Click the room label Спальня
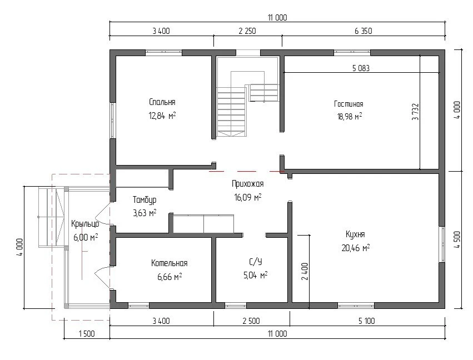pyautogui.click(x=162, y=102)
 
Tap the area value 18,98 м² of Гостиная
pyautogui.click(x=349, y=116)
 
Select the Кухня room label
pyautogui.click(x=355, y=234)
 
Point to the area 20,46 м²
pyautogui.click(x=356, y=248)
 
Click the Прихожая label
pyautogui.click(x=248, y=184)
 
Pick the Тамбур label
pyautogui.click(x=145, y=199)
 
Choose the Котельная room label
pyautogui.click(x=169, y=263)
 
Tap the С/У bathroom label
pyautogui.click(x=256, y=262)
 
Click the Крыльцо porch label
pyautogui.click(x=85, y=224)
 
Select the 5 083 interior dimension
pyautogui.click(x=361, y=68)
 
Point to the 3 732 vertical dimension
pyautogui.click(x=415, y=112)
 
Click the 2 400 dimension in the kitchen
pyautogui.click(x=305, y=271)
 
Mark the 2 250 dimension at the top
pyautogui.click(x=247, y=31)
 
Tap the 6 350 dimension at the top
pyautogui.click(x=363, y=31)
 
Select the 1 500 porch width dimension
pyautogui.click(x=87, y=334)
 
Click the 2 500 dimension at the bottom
pyautogui.click(x=251, y=321)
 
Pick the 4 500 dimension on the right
pyautogui.click(x=457, y=239)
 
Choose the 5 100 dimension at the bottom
pyautogui.click(x=366, y=321)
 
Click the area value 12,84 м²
pyautogui.click(x=162, y=116)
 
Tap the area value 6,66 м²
pyautogui.click(x=170, y=277)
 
